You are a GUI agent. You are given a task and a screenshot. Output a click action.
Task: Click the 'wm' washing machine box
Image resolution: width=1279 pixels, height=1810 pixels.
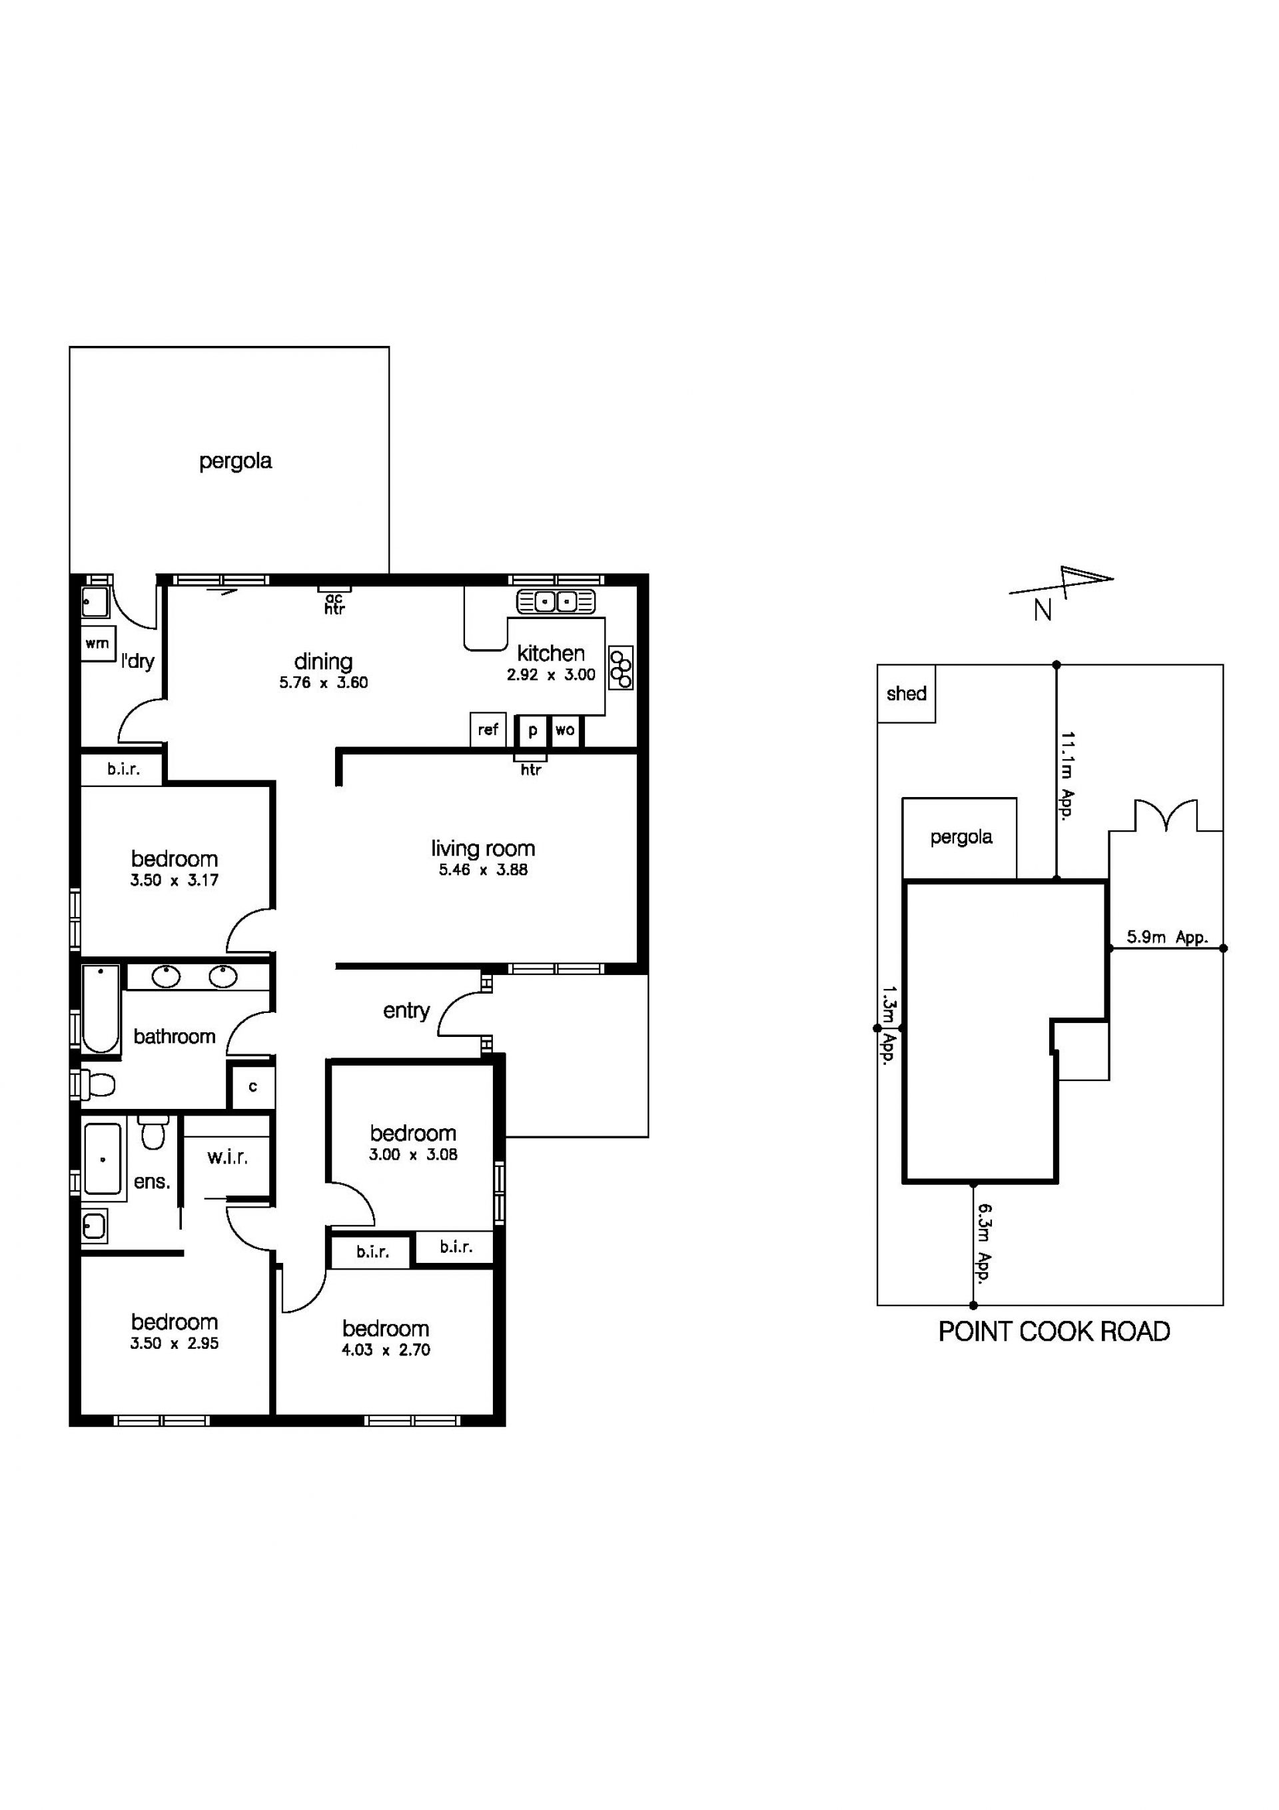[99, 643]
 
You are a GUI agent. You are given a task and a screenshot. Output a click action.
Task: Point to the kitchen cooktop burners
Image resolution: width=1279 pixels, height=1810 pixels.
[621, 668]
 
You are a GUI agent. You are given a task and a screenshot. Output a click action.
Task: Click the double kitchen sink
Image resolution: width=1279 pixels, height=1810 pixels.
[556, 602]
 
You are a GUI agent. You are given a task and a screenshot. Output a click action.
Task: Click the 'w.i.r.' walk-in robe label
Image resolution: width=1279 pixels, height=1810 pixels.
[228, 1158]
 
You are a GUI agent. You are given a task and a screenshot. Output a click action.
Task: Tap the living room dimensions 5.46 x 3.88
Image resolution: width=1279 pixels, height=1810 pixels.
[483, 870]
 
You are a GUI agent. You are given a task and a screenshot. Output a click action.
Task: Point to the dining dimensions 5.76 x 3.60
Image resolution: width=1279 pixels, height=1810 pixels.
[323, 682]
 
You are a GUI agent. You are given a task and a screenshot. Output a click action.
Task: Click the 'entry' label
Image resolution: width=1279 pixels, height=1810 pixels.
[406, 1011]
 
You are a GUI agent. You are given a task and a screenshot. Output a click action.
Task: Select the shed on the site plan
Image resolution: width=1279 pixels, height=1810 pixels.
[906, 694]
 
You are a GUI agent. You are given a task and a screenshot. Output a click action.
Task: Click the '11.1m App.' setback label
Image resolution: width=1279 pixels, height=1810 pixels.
[1068, 776]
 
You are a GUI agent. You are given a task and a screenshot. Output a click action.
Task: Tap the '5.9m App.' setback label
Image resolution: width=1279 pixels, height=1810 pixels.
[1167, 937]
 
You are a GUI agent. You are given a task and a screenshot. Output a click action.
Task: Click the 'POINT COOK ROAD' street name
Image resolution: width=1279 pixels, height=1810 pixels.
[1054, 1332]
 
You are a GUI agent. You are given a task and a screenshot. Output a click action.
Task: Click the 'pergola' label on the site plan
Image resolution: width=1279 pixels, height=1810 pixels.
[961, 837]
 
